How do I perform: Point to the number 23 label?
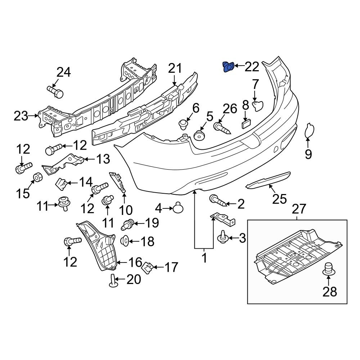[21, 116]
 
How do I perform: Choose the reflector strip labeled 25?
[268, 180]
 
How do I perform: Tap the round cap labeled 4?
[179, 207]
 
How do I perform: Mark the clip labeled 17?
[148, 268]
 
